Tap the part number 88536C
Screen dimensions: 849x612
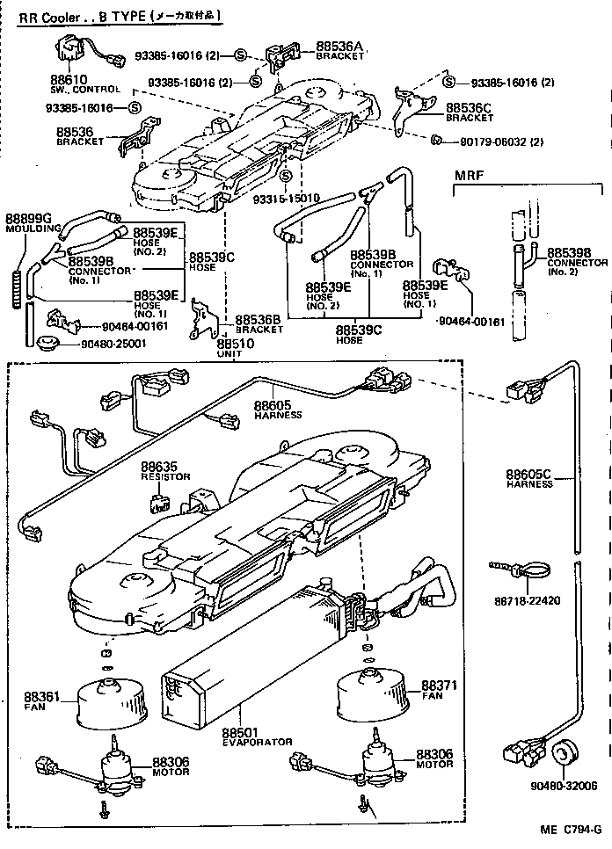pos(468,108)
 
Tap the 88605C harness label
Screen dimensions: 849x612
pos(528,475)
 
